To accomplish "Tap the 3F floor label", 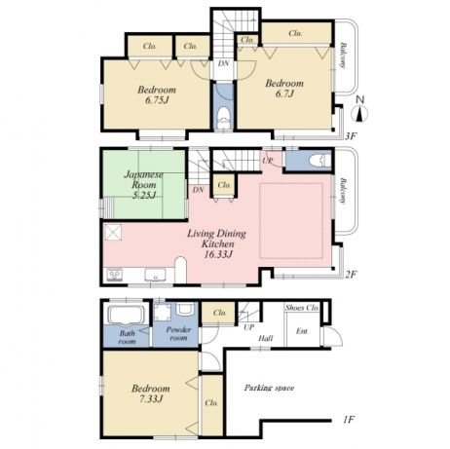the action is click(351, 135).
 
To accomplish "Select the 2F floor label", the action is click(351, 275).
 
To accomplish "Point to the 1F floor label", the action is click(348, 420).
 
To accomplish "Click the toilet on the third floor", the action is click(223, 119).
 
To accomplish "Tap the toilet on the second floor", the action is click(319, 161).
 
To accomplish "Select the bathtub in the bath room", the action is click(126, 315).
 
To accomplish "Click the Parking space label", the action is click(269, 388).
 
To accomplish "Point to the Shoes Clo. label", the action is click(302, 308).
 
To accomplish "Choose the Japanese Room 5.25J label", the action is click(144, 185).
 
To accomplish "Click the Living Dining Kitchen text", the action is click(217, 239).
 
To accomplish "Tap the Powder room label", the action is click(178, 333).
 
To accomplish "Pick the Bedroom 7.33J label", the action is click(151, 393).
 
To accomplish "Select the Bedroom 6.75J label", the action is click(157, 94).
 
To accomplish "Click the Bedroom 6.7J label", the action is click(284, 88).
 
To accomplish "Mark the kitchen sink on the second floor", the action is click(155, 275).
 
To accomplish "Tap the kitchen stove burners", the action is click(114, 275).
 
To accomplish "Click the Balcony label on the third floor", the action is click(343, 56).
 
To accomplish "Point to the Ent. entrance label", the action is click(302, 331).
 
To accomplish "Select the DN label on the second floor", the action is click(198, 190).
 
